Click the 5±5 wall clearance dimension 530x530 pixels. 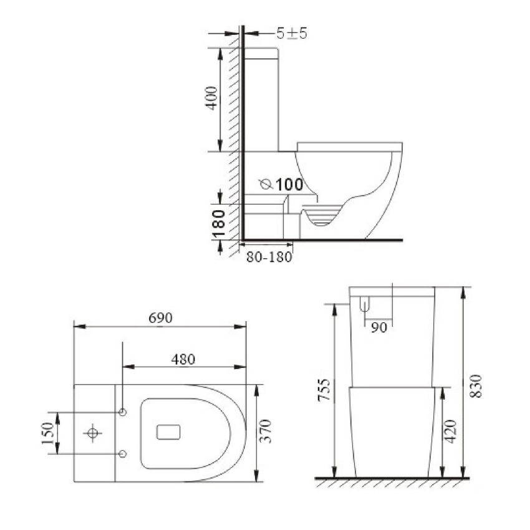[x=292, y=34]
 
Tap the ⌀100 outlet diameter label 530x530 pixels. [x=281, y=185]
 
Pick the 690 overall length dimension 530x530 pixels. [x=160, y=317]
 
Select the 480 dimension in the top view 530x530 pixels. [x=183, y=359]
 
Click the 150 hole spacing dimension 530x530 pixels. [x=47, y=432]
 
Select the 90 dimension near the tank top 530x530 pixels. [x=378, y=327]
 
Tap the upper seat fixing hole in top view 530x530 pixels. [x=123, y=413]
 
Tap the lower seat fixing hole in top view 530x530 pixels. [x=123, y=454]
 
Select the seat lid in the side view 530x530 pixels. [x=349, y=146]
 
